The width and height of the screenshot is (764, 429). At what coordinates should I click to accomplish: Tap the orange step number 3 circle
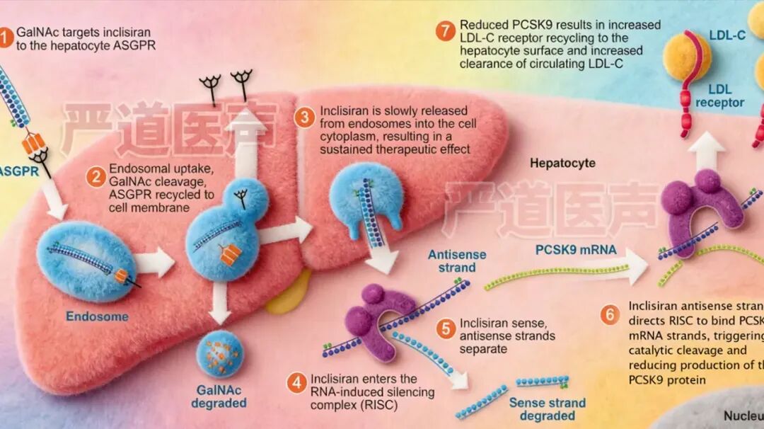304,118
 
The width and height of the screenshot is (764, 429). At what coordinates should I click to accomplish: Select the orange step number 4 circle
296,383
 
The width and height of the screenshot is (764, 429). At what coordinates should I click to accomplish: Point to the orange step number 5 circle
445,328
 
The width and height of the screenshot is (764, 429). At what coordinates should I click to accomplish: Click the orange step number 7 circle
445,31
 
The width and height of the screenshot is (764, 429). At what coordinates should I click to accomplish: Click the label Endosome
98,316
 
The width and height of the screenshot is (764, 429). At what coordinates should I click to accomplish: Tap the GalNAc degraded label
219,396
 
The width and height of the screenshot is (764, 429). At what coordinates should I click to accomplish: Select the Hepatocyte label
563,164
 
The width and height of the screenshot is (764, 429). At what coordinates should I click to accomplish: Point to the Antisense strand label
451,261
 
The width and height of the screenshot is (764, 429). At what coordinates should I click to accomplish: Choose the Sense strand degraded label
548,409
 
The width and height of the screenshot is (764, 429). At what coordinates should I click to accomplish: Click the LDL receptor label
719,96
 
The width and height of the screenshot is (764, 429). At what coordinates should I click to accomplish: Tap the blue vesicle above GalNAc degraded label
220,354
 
